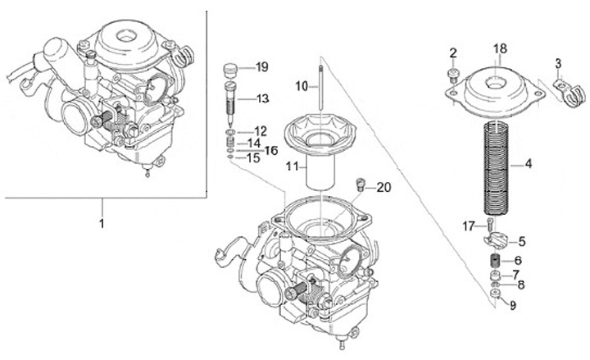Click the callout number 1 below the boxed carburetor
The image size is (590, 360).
click(x=102, y=224)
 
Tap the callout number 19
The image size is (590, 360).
click(x=261, y=67)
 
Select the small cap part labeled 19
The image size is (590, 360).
click(x=231, y=70)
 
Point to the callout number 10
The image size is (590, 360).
click(x=302, y=86)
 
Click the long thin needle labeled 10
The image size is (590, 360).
click(x=320, y=88)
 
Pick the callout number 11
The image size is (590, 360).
click(x=292, y=166)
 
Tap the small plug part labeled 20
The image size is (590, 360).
click(x=361, y=185)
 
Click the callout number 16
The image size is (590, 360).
click(x=271, y=151)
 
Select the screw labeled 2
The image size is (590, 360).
click(x=452, y=75)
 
